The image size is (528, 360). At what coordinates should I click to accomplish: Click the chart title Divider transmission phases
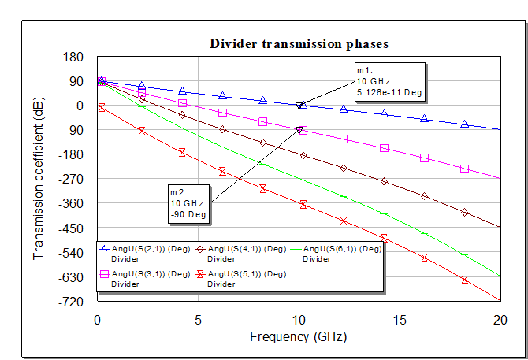[x=298, y=43]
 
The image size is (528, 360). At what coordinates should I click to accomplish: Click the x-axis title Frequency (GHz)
[x=298, y=336]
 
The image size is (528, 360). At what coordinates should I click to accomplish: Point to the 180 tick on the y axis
[x=74, y=57]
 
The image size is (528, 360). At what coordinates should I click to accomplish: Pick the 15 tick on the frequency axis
[x=399, y=320]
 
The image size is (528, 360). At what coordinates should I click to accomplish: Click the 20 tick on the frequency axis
[x=500, y=320]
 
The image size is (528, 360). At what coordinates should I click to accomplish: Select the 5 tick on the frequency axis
[x=197, y=320]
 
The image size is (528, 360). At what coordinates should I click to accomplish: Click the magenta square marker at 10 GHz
[x=303, y=131]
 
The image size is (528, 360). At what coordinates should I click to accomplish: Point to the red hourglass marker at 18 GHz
[x=465, y=280]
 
